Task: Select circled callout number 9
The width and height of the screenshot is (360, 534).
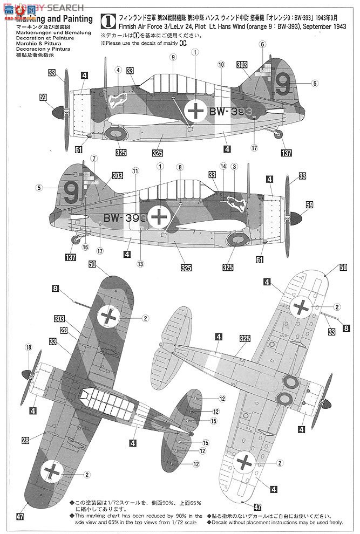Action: click(173, 57)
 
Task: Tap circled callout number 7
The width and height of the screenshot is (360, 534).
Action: click(94, 159)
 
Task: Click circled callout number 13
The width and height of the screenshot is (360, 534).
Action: click(141, 264)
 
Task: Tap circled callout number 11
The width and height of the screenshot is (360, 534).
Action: click(135, 170)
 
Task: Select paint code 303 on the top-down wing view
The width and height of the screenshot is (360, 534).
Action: click(59, 319)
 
